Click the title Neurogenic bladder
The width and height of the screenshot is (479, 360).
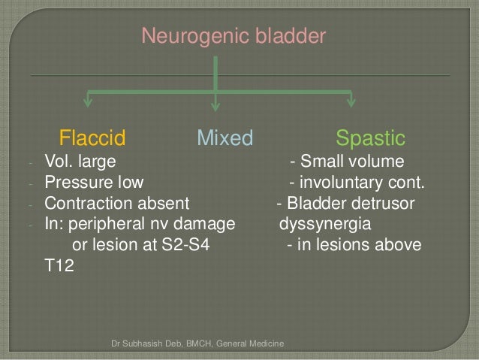(233, 36)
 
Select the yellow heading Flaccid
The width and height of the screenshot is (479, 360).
(92, 138)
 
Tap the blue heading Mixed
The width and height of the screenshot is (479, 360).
(224, 138)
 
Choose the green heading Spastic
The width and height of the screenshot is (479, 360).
(370, 138)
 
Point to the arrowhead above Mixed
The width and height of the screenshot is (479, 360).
(216, 102)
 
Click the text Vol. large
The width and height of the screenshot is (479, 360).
(80, 162)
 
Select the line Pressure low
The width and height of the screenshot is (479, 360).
(94, 183)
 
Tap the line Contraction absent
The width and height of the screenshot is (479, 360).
(117, 204)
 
